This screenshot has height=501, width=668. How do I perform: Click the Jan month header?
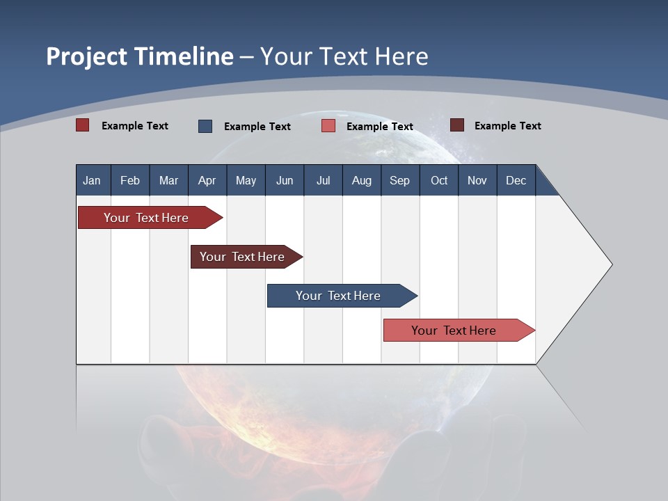(x=92, y=180)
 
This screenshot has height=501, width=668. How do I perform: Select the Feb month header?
(x=130, y=180)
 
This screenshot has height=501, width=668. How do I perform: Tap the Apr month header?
(x=207, y=180)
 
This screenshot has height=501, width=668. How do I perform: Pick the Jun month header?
(x=285, y=180)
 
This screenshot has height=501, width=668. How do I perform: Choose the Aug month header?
(x=361, y=180)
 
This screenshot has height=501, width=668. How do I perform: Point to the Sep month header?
(x=399, y=180)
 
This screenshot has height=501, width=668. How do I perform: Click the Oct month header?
(x=439, y=180)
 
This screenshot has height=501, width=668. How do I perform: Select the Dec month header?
(x=516, y=180)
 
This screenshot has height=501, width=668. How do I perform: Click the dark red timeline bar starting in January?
(x=146, y=218)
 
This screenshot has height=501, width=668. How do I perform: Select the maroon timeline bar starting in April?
(x=242, y=257)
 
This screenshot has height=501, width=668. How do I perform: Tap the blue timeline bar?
(x=338, y=296)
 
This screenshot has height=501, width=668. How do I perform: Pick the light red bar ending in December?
(x=454, y=331)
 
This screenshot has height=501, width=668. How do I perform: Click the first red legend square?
(x=83, y=125)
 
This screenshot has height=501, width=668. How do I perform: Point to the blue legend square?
(x=205, y=126)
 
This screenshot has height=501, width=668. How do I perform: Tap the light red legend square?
(x=328, y=126)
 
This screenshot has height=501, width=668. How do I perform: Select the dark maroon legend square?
(x=457, y=125)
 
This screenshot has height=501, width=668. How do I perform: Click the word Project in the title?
(x=86, y=56)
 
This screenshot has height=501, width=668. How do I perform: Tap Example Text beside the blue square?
(x=257, y=127)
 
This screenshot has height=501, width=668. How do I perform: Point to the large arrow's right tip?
(x=610, y=264)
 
